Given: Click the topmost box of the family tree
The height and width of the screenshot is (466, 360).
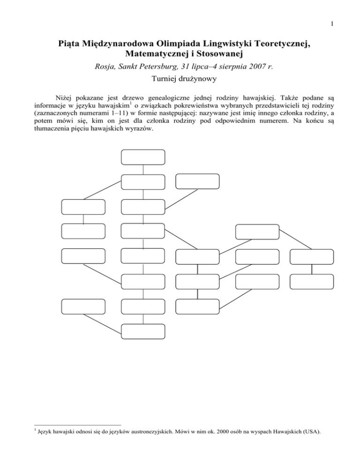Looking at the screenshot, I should click(143, 157).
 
